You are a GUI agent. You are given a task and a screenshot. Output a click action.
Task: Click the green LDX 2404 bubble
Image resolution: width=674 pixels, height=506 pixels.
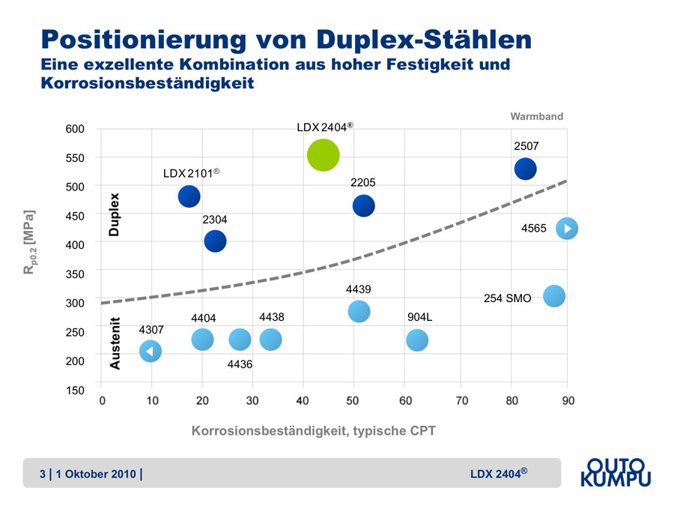(323, 155)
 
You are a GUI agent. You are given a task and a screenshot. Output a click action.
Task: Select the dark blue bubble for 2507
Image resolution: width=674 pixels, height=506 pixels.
(526, 169)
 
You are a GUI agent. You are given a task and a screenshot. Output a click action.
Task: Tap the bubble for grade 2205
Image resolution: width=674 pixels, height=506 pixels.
(363, 205)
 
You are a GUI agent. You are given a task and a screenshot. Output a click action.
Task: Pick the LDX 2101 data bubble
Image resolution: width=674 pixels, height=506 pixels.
(189, 196)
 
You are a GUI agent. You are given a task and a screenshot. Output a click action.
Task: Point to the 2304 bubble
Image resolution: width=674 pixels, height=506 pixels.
(215, 241)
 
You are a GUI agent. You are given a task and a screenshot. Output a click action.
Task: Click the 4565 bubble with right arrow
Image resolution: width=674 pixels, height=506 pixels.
(567, 228)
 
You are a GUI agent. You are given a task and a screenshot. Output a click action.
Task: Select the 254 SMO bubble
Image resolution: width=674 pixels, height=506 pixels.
(553, 296)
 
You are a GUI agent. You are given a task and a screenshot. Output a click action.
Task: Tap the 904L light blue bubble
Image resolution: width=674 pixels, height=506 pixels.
(417, 340)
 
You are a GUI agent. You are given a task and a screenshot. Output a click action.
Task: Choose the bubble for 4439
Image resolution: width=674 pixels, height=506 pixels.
(359, 311)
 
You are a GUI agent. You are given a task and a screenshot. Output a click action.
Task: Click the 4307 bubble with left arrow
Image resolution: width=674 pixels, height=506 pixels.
(151, 351)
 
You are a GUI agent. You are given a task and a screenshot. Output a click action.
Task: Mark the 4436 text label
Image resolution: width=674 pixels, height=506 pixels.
(240, 364)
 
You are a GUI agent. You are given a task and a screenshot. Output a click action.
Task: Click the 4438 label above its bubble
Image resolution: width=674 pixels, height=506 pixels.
(271, 318)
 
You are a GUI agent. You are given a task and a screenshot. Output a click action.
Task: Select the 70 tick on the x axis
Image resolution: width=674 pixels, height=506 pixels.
(462, 401)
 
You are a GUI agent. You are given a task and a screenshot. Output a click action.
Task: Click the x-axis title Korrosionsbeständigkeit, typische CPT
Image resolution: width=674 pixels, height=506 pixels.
(314, 431)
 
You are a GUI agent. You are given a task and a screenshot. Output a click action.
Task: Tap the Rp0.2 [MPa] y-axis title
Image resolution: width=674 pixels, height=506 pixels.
(29, 241)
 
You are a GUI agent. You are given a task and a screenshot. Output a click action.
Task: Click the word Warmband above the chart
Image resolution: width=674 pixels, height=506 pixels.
(536, 117)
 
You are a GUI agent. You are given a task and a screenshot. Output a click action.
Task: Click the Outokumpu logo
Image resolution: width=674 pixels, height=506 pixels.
(616, 473)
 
